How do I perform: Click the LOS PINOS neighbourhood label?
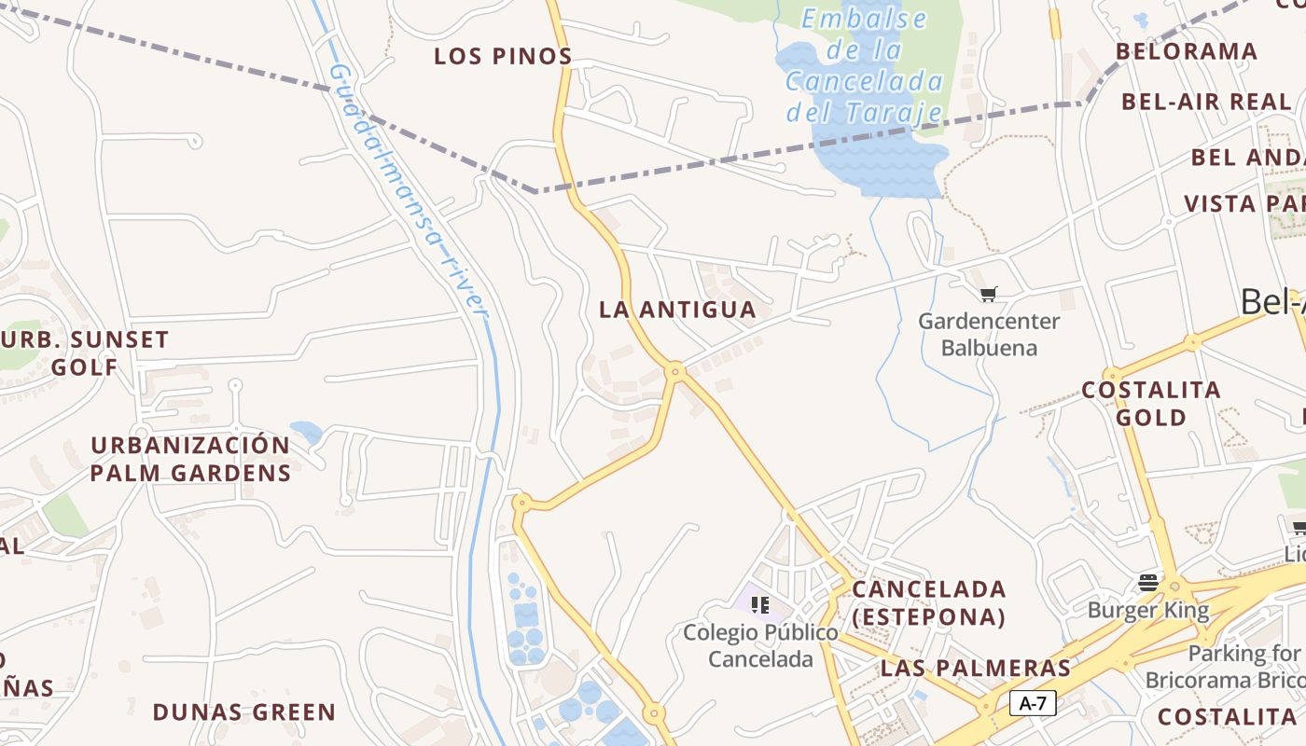[503, 56]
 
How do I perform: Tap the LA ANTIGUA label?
[677, 310]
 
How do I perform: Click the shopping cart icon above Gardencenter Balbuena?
[989, 295]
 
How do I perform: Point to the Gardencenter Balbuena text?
[989, 335]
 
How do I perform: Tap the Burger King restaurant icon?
[1148, 584]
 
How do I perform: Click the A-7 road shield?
[1033, 703]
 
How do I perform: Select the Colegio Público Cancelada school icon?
[760, 605]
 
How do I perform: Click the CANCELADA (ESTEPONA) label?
[929, 603]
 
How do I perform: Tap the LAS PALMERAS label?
[976, 669]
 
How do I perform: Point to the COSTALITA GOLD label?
[1151, 404]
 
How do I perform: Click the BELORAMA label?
[1187, 51]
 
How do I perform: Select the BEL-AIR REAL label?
[1207, 102]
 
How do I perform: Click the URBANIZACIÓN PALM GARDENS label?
[190, 459]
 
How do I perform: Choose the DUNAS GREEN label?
[243, 712]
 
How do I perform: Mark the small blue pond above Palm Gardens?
[306, 432]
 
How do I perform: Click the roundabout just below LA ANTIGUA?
[675, 372]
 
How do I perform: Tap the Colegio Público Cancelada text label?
[760, 645]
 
